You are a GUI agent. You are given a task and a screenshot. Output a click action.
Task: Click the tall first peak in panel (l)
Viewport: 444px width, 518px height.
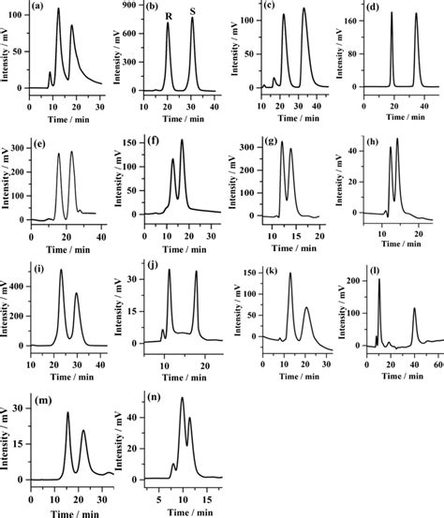[379, 280]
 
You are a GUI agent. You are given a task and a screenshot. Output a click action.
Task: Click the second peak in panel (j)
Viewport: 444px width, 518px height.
[197, 273]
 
